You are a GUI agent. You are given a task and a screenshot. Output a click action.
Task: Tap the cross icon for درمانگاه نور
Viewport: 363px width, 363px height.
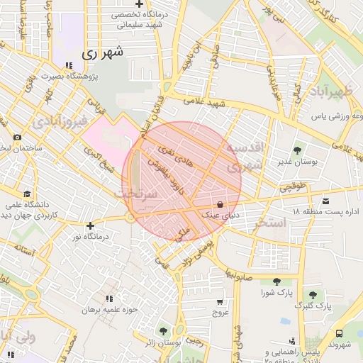(x=90, y=226)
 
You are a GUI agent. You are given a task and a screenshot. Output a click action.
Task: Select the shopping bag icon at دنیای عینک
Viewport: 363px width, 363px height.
(x=220, y=203)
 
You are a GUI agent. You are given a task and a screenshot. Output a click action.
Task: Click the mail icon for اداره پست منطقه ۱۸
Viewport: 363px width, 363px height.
(x=325, y=202)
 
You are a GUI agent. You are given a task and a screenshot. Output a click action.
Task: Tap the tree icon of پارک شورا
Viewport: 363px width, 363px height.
(x=267, y=281)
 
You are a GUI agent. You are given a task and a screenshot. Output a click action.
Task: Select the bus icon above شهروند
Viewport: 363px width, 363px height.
(x=339, y=333)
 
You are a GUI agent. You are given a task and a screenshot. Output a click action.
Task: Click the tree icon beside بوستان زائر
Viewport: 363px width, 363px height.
(x=164, y=331)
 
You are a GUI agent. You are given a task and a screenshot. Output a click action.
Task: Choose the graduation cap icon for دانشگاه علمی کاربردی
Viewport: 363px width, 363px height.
(x=27, y=194)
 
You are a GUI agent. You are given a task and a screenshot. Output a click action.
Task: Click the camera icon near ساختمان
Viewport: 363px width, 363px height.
(x=17, y=138)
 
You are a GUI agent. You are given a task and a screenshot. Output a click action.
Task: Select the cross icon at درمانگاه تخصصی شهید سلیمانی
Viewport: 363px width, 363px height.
(x=140, y=5)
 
